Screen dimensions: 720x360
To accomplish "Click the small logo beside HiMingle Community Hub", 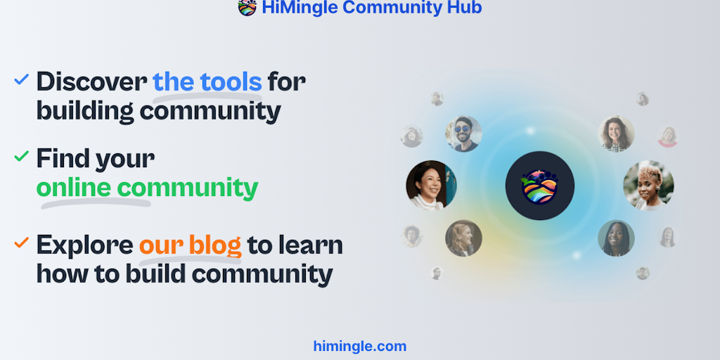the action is coord(247,7).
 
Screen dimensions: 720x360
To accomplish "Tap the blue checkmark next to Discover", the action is coord(22,79).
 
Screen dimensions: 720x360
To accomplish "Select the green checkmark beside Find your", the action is coord(22,156).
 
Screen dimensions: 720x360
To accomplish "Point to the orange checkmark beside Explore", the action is coord(22,243).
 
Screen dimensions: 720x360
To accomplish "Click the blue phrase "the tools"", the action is coord(207,82).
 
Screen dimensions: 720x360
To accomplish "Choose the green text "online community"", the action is coord(147,188).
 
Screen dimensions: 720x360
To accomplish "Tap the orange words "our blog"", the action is coord(190,245).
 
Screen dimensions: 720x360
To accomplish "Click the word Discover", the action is coord(92,82).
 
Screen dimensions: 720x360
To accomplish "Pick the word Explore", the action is coord(85,245).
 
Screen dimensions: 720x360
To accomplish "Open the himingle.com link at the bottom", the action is coord(360,346).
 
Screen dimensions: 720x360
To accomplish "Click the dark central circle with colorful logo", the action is coord(540,186).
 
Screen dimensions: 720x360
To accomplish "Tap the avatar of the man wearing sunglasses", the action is coord(464,134).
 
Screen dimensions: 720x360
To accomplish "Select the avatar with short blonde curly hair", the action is coord(648,186).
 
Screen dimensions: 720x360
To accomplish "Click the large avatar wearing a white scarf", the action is coord(431,186).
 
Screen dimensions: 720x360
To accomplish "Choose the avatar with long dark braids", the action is coord(616,238).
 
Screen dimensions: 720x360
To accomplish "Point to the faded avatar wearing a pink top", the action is coord(667,136).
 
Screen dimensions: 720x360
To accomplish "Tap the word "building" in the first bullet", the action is coord(85,111).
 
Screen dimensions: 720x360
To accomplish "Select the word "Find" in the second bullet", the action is coord(63,159).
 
